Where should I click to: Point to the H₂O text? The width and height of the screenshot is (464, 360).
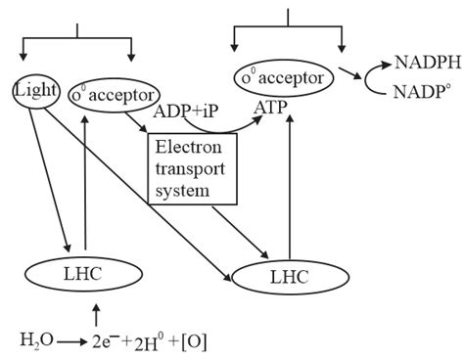tap(35, 340)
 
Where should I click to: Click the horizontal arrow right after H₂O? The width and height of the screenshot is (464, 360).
tap(69, 341)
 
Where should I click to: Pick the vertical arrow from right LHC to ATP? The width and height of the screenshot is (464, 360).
tap(289, 186)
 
